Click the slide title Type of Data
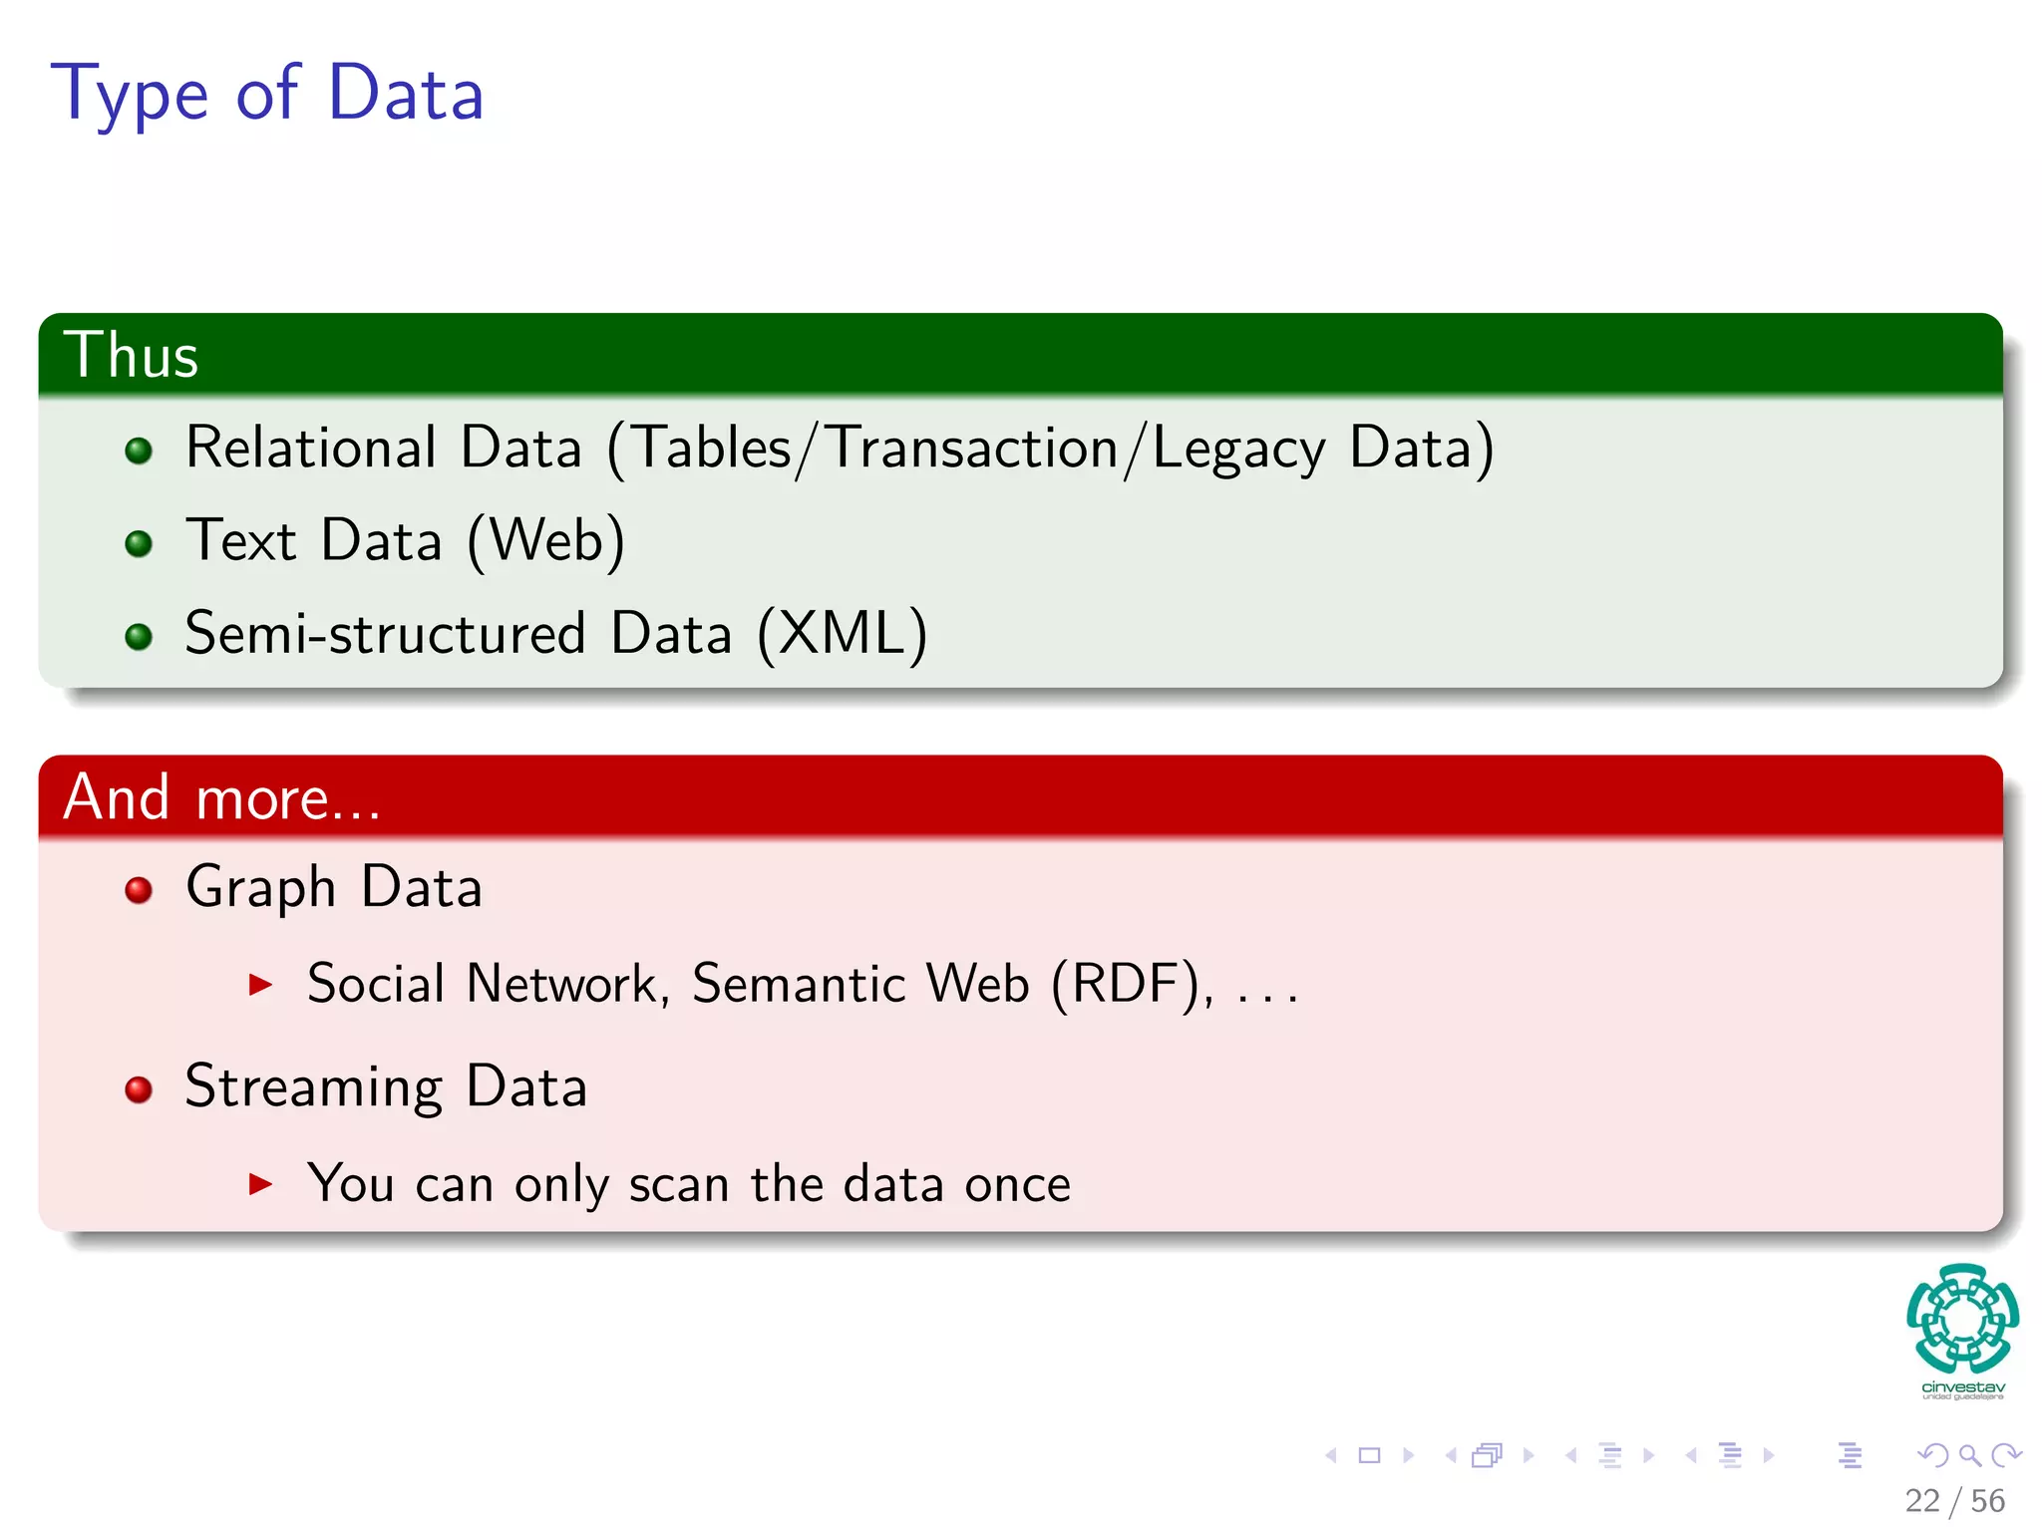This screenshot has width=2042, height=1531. coord(267,94)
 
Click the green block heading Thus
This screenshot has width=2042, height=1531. coord(131,355)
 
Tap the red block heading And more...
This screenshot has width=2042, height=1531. coord(221,797)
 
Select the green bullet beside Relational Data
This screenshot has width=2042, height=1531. coord(139,451)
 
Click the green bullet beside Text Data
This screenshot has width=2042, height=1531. coord(139,543)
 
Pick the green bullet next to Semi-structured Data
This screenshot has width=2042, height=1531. coord(139,636)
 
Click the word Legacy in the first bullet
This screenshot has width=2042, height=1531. coord(1238,449)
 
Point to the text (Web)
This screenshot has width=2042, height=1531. coord(546,541)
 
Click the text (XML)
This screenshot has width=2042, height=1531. coord(843,634)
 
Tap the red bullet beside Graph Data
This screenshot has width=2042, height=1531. coord(139,889)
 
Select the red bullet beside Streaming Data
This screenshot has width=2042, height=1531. coord(139,1088)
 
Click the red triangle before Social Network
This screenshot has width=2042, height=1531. coord(260,986)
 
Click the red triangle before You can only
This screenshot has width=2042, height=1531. coord(260,1184)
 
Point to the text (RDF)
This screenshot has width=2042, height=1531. coord(1133,984)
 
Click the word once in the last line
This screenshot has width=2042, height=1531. coord(1017,1184)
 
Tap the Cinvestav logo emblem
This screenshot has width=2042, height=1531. coord(1962,1319)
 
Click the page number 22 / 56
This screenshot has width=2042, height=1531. coord(1954,1500)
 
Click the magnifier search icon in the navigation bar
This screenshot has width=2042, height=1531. coord(1969,1455)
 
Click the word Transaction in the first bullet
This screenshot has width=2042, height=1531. coord(973,448)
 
